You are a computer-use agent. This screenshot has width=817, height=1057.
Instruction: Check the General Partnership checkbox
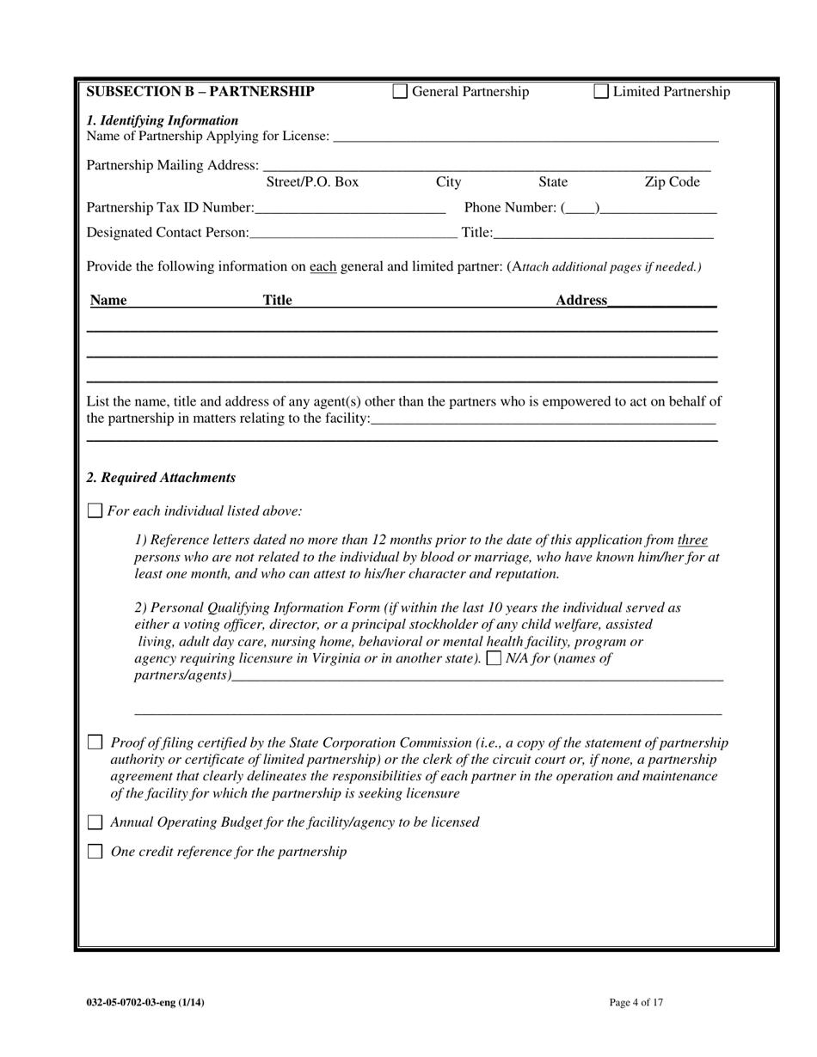coord(400,92)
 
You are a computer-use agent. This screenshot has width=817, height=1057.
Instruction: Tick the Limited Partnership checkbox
coord(601,92)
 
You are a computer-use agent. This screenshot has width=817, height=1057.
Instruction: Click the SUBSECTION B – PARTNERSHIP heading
coord(200,92)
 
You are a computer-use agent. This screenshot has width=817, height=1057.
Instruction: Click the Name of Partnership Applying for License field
coord(525,136)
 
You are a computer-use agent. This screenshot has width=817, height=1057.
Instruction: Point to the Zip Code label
coord(672,182)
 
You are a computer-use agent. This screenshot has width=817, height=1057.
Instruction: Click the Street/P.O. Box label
coord(312,182)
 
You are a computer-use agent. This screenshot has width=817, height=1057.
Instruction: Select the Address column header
coord(581,300)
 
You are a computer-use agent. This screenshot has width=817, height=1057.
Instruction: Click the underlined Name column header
coord(108,300)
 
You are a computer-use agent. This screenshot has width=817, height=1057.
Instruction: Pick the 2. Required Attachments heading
coord(161,478)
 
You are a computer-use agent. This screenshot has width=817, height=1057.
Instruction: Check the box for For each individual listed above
coord(95,510)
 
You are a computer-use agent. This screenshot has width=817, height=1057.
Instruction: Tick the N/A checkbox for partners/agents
coord(494,659)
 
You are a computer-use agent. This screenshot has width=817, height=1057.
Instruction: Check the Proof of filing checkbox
coord(95,742)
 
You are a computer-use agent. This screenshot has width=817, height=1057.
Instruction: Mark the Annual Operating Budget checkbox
coord(95,822)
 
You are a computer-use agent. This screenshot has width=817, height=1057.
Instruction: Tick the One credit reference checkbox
coord(95,852)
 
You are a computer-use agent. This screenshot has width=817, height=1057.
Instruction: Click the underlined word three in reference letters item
coord(692,541)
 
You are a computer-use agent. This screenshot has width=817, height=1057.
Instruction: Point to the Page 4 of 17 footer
coord(636,1002)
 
